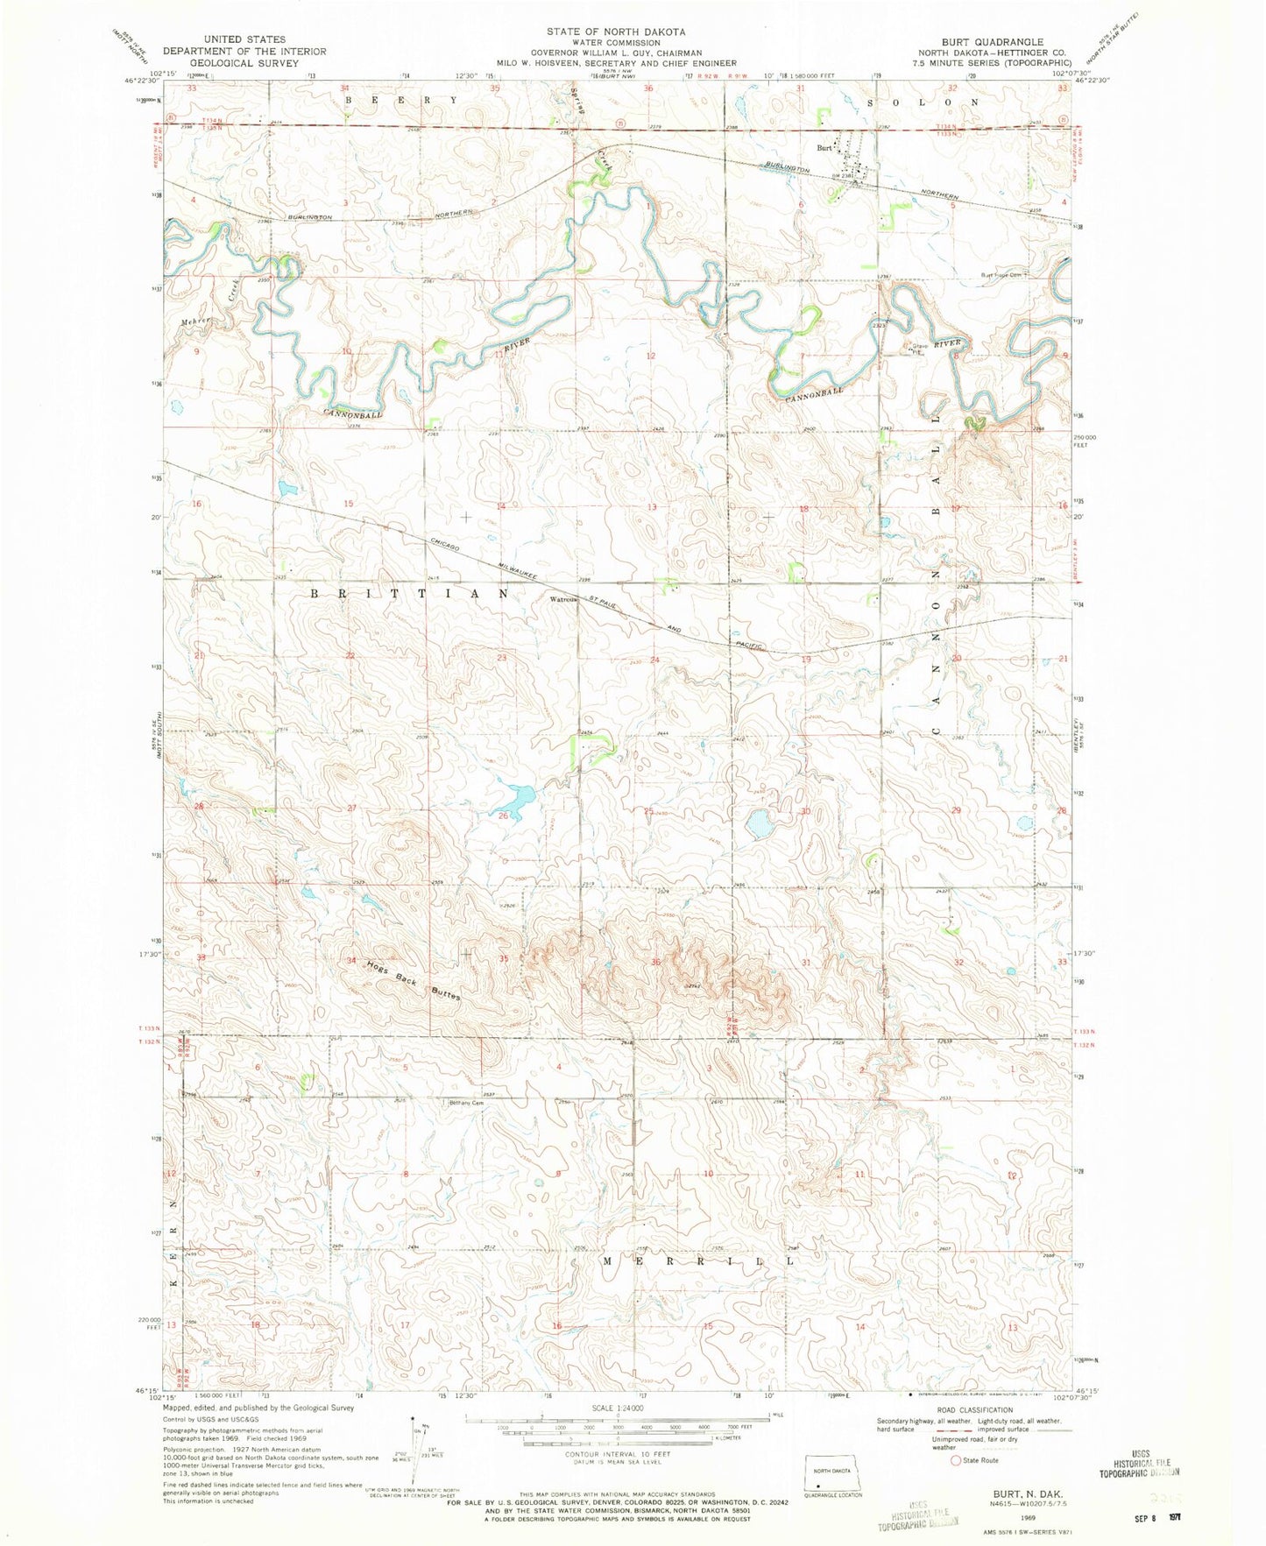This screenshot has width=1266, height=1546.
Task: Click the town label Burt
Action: [824, 148]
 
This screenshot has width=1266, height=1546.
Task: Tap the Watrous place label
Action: [563, 601]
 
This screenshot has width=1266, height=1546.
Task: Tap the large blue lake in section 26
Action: [513, 799]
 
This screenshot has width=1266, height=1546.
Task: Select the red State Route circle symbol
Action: [955, 1460]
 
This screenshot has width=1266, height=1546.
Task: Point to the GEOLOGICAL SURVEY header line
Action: [244, 63]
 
